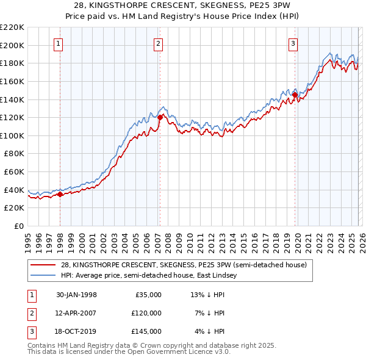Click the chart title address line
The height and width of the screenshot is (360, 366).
click(182, 5)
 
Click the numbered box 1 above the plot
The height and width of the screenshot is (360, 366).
click(59, 43)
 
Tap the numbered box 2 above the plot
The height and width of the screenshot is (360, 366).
click(158, 43)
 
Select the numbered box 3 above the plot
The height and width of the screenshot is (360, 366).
click(293, 43)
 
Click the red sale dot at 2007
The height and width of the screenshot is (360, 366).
click(160, 117)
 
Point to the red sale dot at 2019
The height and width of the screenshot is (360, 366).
click(295, 95)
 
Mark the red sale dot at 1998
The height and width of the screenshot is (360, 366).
click(60, 195)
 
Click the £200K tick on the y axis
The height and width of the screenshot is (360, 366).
click(12, 45)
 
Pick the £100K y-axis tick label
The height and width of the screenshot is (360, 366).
click(12, 135)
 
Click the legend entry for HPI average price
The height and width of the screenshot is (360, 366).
click(148, 276)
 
